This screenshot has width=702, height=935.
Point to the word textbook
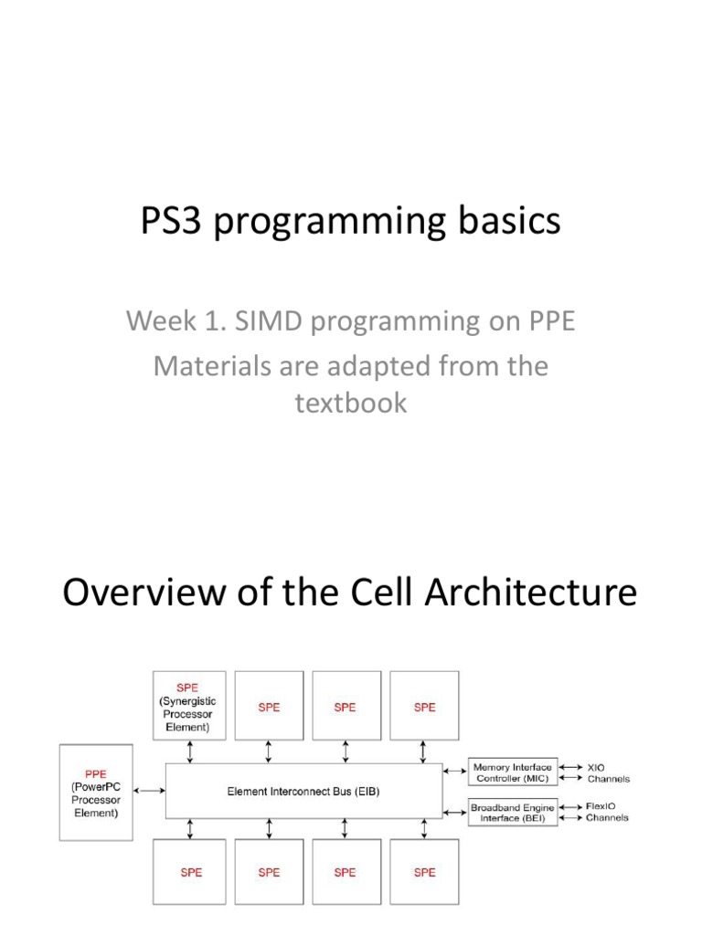point(351,403)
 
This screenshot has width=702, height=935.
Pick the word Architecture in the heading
point(533,594)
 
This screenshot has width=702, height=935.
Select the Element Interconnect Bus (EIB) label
point(303,792)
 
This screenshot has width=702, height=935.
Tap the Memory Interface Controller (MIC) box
point(512,772)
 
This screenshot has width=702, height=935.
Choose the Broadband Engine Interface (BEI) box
point(512,813)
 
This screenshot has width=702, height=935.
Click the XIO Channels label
point(607,773)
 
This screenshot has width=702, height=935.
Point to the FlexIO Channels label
point(607,813)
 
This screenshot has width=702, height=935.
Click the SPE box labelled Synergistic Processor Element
point(191,706)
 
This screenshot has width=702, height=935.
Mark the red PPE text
point(96,772)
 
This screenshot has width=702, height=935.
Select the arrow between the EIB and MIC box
point(454,772)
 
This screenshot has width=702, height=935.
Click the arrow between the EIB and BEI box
point(454,812)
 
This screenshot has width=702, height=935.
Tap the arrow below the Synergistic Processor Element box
point(190,751)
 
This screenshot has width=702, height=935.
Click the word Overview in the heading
point(141,594)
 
